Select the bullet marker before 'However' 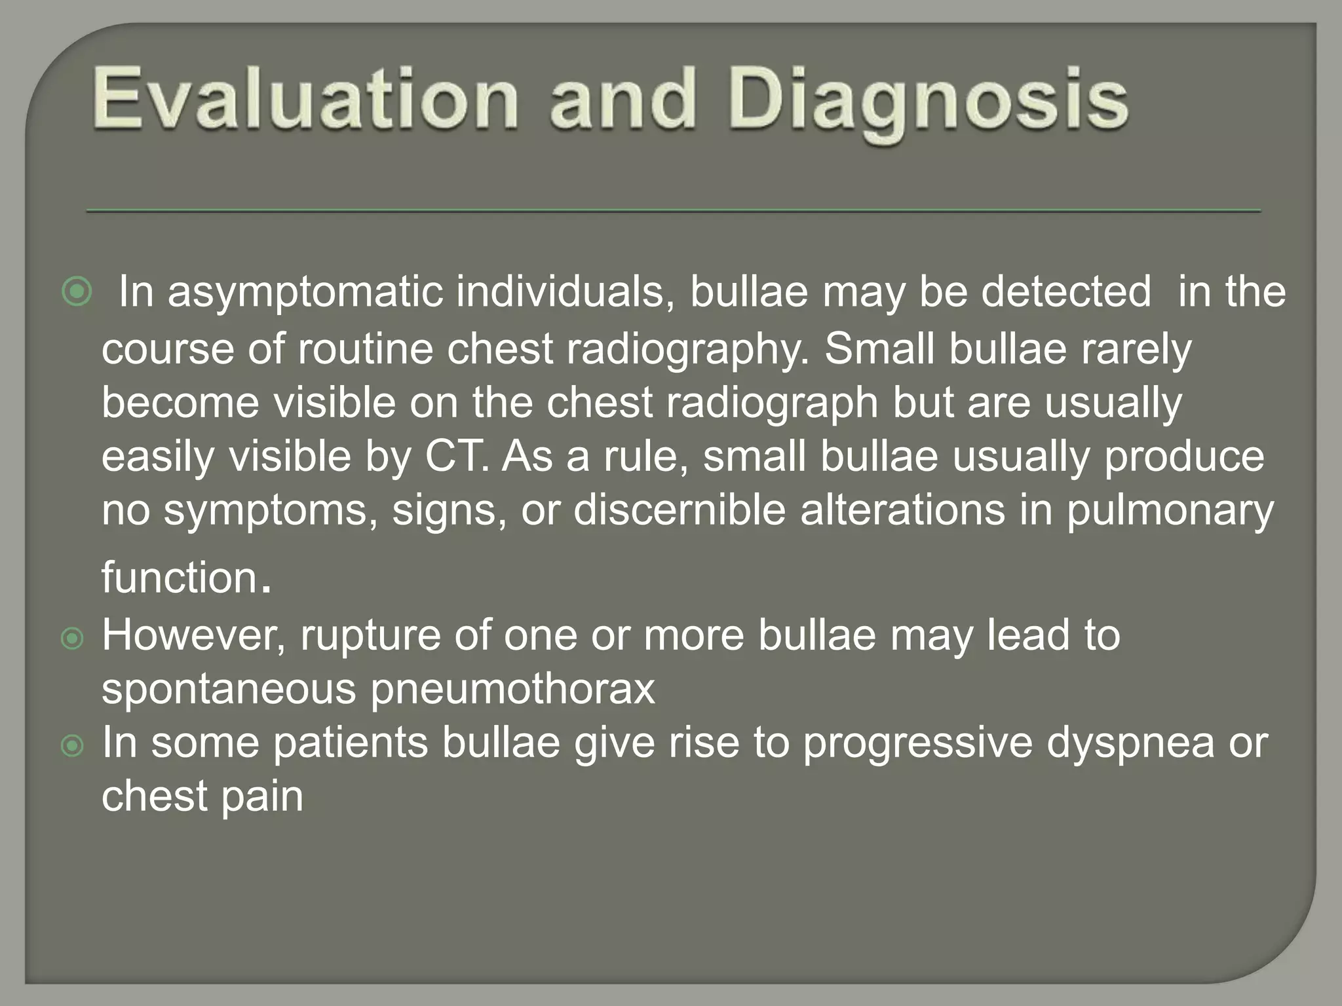tap(72, 638)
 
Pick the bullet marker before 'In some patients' tap(72, 745)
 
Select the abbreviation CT tap(455, 456)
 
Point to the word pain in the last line tap(262, 797)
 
